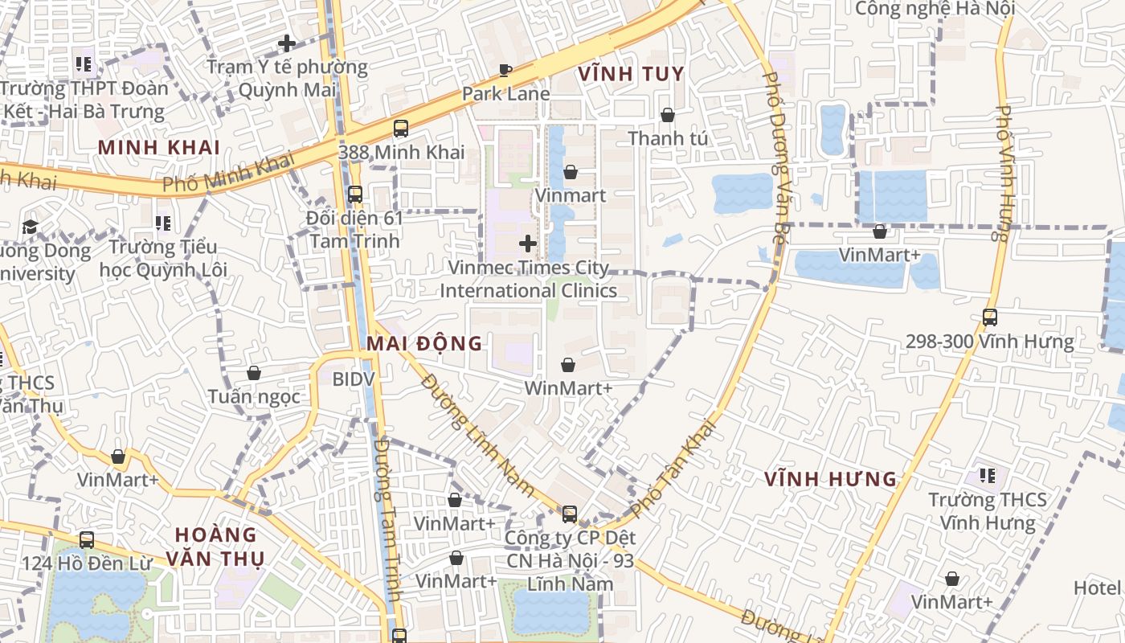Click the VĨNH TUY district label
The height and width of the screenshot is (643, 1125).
click(x=631, y=74)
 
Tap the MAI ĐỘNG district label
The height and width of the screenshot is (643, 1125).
click(x=424, y=344)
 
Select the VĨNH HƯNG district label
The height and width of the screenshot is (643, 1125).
click(x=830, y=479)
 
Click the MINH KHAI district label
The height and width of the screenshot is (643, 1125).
click(x=159, y=147)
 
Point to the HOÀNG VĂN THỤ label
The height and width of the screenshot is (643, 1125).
click(x=215, y=546)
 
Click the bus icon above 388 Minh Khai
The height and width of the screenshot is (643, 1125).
click(x=400, y=129)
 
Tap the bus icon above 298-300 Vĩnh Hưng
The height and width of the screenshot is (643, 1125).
click(x=990, y=317)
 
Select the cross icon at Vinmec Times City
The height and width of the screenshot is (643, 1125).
click(x=528, y=243)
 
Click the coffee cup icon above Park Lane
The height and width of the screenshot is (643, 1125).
click(x=505, y=70)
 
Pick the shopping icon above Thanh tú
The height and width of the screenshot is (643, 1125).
click(x=667, y=116)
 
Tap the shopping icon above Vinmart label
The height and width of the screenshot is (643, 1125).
click(x=570, y=172)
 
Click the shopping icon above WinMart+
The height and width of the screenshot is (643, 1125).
click(x=568, y=365)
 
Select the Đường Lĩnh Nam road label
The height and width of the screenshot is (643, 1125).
click(x=477, y=434)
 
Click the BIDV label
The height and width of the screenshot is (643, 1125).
click(x=354, y=378)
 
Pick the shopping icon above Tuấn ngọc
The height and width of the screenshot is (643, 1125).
click(x=254, y=373)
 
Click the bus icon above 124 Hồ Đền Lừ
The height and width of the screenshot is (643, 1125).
click(x=86, y=540)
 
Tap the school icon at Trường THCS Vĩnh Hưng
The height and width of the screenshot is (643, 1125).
click(x=988, y=476)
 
